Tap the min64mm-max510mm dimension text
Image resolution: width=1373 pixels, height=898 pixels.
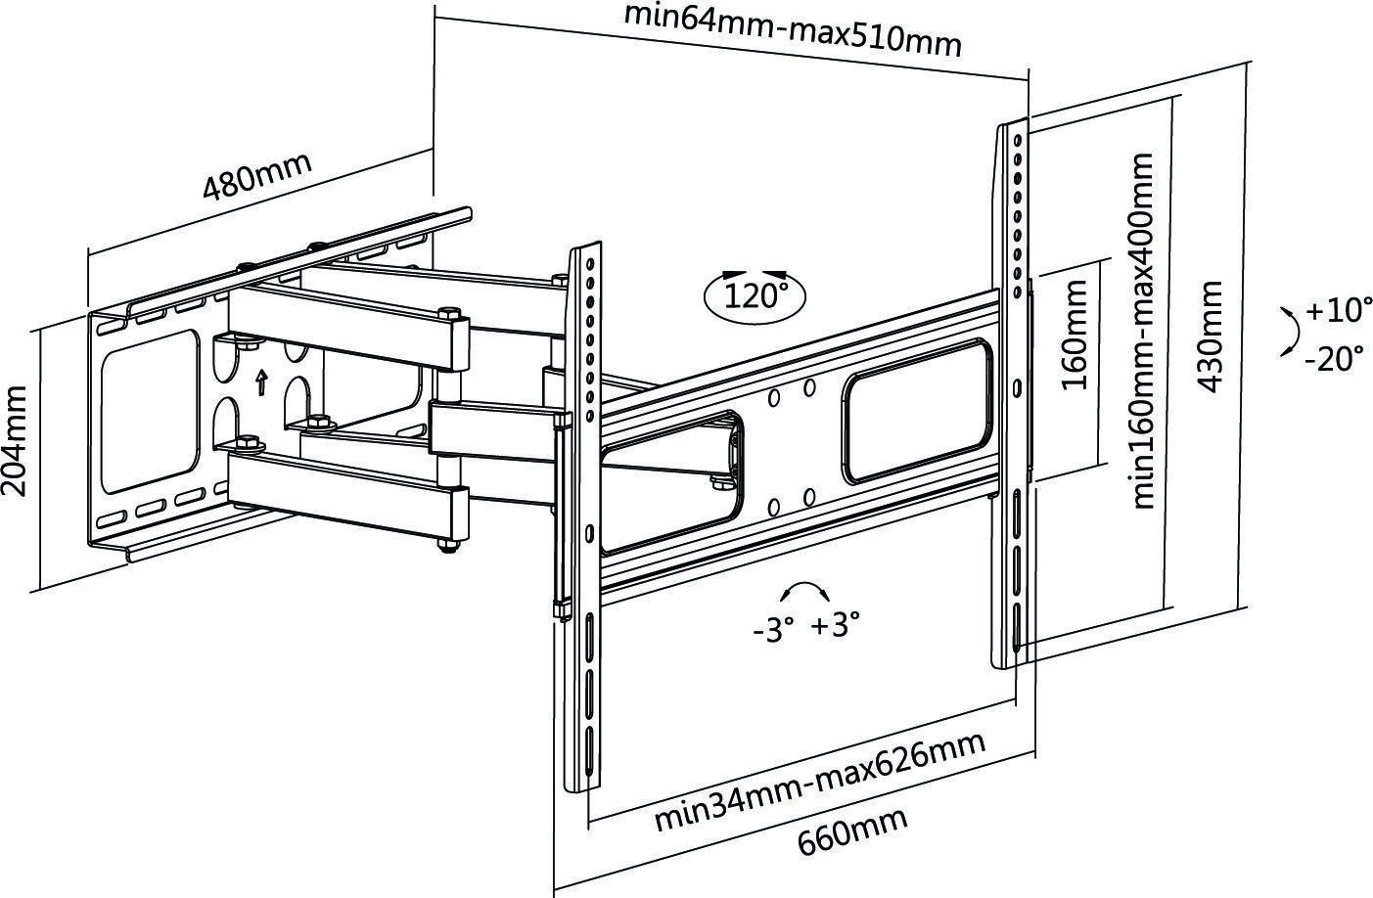pos(793,29)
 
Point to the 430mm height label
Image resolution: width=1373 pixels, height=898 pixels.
pos(1210,337)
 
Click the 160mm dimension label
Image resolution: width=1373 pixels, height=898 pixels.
pos(1073,335)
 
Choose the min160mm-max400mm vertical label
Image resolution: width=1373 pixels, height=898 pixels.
pos(1142,331)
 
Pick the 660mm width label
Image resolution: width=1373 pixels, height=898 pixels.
pos(852,831)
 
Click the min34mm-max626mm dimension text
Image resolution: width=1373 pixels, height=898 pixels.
pos(821,782)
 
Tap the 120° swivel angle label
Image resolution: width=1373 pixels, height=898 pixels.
pos(755,296)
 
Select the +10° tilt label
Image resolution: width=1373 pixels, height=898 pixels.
pos(1339,309)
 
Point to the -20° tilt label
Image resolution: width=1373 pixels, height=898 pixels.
pos(1335,358)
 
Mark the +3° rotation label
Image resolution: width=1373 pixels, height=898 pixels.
pos(836,625)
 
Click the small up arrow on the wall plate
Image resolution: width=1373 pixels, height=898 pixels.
pos(261,382)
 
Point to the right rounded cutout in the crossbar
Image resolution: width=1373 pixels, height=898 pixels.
pos(917,410)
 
